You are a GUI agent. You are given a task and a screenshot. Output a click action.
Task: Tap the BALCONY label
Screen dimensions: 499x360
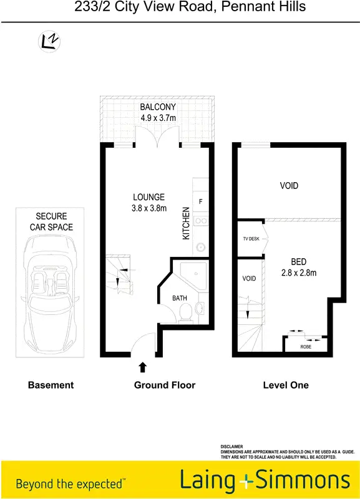click(157, 107)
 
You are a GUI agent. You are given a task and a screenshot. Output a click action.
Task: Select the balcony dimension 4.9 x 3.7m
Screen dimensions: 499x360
click(157, 118)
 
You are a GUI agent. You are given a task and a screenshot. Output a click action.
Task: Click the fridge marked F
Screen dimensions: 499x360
click(200, 201)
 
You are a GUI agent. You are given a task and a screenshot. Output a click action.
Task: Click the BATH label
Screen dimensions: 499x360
click(180, 298)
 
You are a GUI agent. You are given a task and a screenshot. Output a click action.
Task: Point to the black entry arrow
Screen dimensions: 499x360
click(143, 367)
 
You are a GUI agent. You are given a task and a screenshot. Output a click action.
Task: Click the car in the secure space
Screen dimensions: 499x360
click(50, 299)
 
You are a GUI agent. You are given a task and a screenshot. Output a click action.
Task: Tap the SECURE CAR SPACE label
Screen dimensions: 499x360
click(51, 221)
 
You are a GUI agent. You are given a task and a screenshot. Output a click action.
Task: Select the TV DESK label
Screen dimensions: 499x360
click(251, 239)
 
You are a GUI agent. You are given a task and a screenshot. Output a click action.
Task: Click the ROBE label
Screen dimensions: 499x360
click(306, 346)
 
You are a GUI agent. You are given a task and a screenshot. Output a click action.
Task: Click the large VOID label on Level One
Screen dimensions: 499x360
click(289, 186)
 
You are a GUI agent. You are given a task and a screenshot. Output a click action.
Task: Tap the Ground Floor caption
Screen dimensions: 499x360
click(165, 385)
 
